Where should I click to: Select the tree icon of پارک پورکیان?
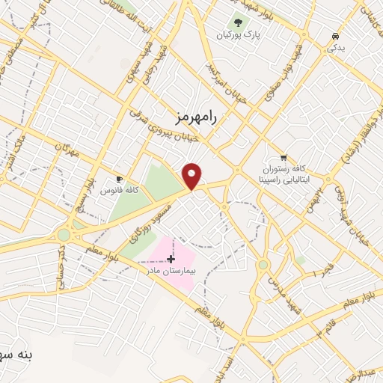pyautogui.click(x=237, y=22)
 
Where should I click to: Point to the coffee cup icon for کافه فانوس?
pyautogui.click(x=119, y=180)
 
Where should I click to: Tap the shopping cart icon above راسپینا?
pyautogui.click(x=283, y=157)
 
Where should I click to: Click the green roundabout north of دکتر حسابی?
pyautogui.click(x=64, y=234)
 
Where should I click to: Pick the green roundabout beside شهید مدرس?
pyautogui.click(x=263, y=264)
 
